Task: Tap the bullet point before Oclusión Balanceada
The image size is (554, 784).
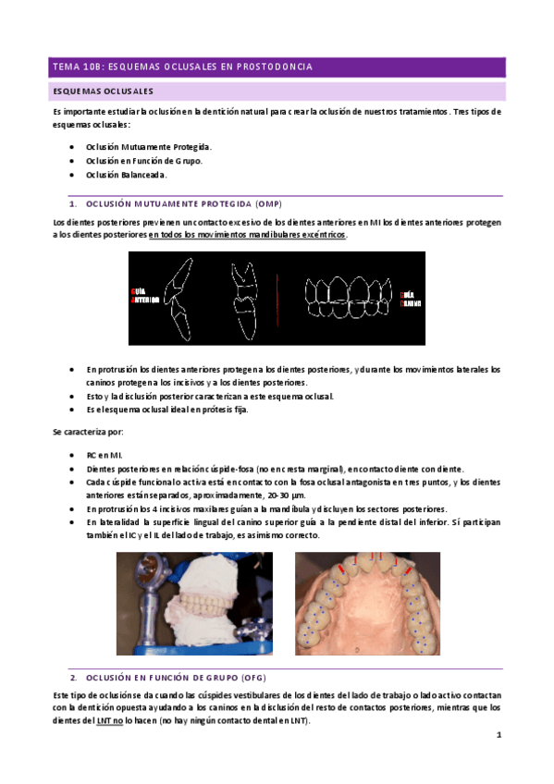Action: [x=72, y=175]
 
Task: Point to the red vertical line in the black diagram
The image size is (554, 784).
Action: [x=279, y=298]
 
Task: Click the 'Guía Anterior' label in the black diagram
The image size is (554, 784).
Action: [x=144, y=296]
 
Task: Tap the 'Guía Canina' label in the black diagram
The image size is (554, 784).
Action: [x=411, y=297]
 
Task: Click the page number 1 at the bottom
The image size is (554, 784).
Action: [x=499, y=736]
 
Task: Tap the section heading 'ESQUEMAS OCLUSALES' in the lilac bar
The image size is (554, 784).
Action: [x=103, y=92]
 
